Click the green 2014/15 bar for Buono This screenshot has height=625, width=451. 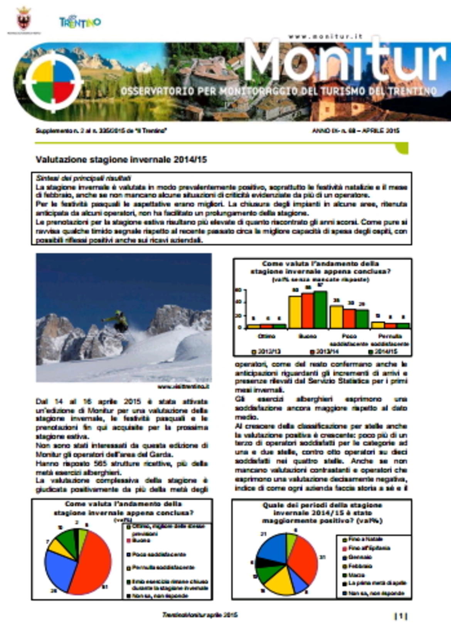click(x=320, y=310)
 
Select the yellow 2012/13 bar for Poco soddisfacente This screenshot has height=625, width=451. click(x=336, y=317)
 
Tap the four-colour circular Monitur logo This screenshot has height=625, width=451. click(x=53, y=82)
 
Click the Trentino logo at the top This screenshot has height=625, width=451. click(x=80, y=22)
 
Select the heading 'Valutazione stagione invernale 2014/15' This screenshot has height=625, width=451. click(x=121, y=159)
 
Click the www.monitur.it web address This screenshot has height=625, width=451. click(x=326, y=37)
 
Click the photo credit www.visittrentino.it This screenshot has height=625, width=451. click(x=183, y=386)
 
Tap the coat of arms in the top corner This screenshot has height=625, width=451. click(x=24, y=19)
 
